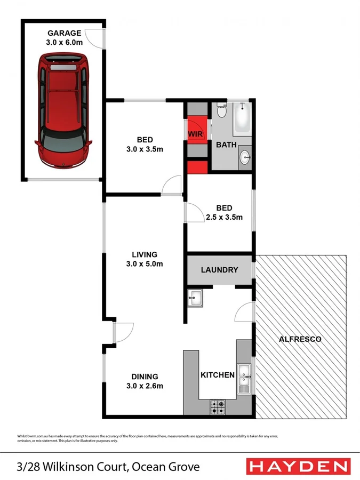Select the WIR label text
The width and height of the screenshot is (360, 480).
coord(195,134)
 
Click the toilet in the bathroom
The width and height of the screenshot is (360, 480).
coord(222,112)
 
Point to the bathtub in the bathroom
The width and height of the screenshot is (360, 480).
coord(242,118)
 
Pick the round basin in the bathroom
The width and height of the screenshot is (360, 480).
coord(245,157)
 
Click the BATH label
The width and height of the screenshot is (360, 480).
coord(226,145)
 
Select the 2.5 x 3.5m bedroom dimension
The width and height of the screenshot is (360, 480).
coord(224,217)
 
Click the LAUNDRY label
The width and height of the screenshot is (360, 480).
coord(219,270)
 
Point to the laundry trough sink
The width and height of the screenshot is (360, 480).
coord(195,298)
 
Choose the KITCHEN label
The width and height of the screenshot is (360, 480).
coord(218,375)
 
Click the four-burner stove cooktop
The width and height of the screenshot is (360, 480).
coord(218,407)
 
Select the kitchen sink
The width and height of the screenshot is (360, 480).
coord(245,378)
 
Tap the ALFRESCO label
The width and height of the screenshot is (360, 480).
coord(300,339)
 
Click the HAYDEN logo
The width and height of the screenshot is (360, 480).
coord(299,467)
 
